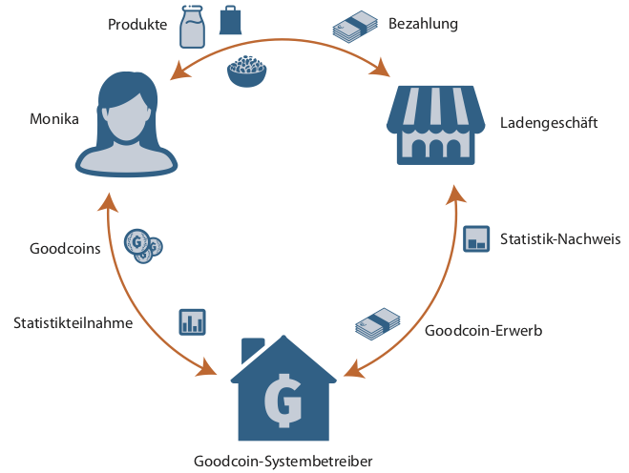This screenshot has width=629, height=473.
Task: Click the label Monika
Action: coord(53,120)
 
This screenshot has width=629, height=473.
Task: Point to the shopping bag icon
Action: coord(231,20)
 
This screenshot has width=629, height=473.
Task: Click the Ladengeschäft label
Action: coord(549,122)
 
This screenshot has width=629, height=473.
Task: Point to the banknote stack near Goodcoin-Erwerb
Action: coord(378,323)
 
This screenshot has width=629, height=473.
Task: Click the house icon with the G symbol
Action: coord(283,389)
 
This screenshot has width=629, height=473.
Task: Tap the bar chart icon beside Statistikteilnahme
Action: coord(193,321)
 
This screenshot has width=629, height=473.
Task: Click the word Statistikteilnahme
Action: coord(73,322)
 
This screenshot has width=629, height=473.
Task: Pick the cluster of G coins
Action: coord(145,247)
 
